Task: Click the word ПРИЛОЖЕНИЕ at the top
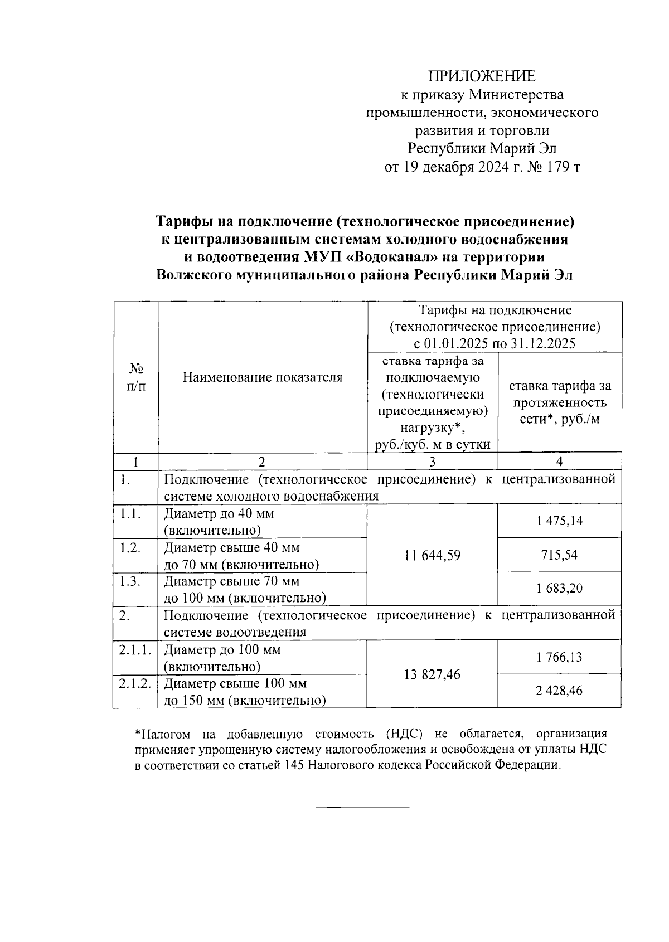tap(482, 76)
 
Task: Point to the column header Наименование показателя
tap(262, 377)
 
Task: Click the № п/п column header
tap(136, 377)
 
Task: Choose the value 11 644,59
tap(432, 555)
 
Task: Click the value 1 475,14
tap(559, 521)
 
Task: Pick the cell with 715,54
tap(559, 555)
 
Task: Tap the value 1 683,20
tap(559, 589)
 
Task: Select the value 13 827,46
tap(432, 674)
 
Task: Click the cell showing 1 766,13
tap(559, 657)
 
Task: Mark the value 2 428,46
tap(559, 691)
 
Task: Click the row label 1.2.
tap(129, 547)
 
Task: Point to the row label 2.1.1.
tap(135, 649)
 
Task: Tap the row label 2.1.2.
tap(135, 683)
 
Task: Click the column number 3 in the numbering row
tap(432, 462)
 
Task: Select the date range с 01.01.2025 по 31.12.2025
tap(494, 343)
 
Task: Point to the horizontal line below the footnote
tap(362, 807)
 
